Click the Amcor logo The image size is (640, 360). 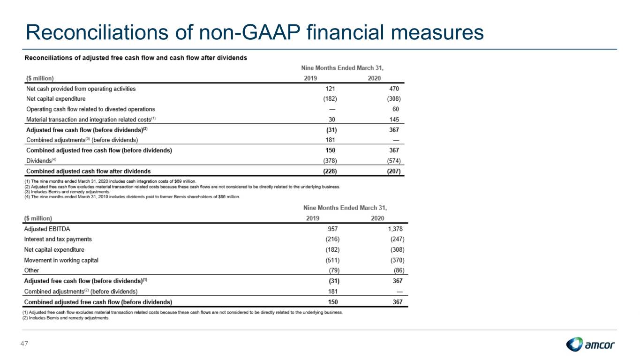(590, 344)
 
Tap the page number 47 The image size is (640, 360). (24, 344)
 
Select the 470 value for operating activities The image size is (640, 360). (394, 89)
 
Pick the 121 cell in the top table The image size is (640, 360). (330, 89)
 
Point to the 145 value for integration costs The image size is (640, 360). (394, 120)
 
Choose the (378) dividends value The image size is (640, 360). (330, 161)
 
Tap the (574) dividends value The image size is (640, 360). (394, 161)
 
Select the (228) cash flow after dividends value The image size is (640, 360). (330, 172)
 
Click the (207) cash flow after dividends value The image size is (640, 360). (394, 172)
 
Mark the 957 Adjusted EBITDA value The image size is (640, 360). (333, 229)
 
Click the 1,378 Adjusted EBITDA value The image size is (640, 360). (395, 229)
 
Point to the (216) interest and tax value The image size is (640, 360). (332, 239)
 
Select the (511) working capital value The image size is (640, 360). (332, 260)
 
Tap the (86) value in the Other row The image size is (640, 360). (399, 270)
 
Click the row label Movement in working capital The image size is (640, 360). (61, 260)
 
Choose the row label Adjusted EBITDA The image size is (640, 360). (47, 229)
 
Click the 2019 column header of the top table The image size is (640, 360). (310, 78)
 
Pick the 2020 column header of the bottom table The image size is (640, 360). (377, 218)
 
